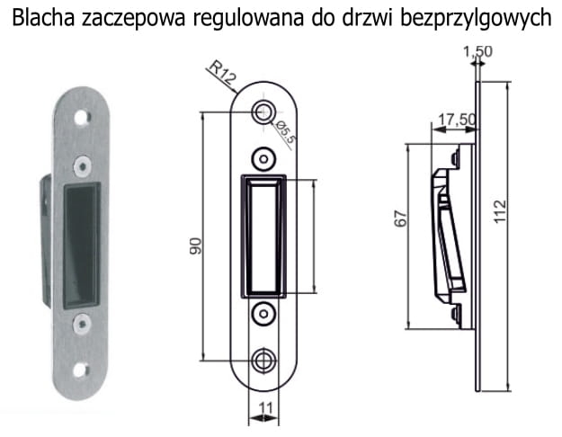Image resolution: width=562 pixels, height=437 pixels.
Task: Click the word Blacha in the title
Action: tap(43, 18)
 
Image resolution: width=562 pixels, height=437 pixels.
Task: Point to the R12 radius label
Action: tap(223, 73)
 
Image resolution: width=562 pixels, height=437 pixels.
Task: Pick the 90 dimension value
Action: tap(196, 245)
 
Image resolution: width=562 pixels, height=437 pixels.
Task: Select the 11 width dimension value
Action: tap(265, 408)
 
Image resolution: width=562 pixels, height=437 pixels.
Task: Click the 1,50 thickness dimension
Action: tap(477, 51)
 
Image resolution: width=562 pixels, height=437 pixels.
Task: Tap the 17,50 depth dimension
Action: tap(458, 120)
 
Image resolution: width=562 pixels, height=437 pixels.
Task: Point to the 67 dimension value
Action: tap(401, 219)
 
